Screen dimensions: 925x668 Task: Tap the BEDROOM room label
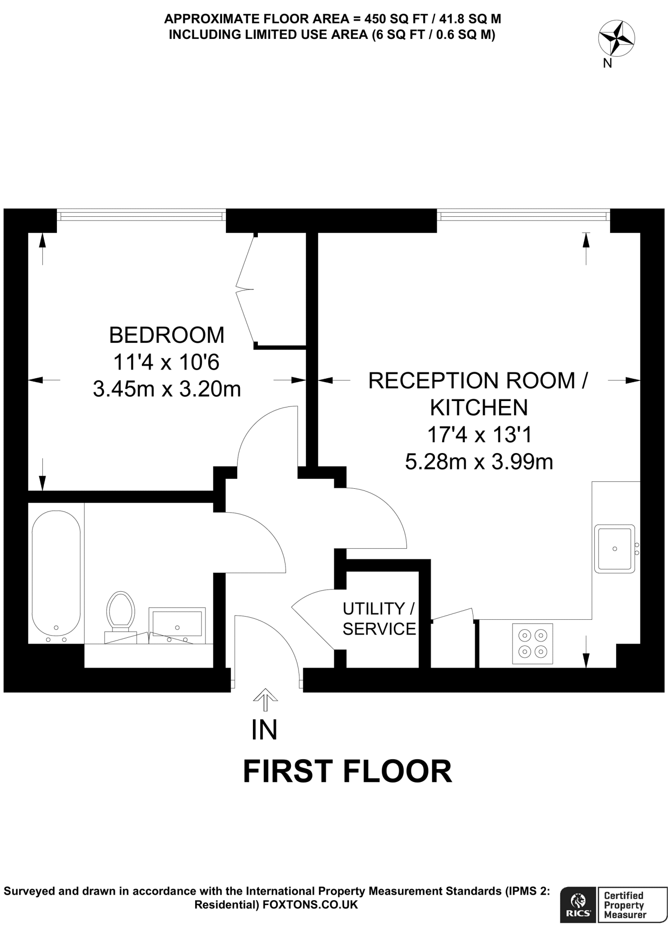click(167, 335)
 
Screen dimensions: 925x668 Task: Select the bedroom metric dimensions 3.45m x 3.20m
click(167, 389)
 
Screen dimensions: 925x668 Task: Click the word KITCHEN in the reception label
click(479, 408)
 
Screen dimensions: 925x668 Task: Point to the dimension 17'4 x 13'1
click(479, 435)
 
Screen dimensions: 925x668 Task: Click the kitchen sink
click(614, 549)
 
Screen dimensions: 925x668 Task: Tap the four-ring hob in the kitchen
click(533, 644)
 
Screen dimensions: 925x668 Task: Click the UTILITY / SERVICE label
click(378, 619)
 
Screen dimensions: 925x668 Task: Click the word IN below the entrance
click(264, 730)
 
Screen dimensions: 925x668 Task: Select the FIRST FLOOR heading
click(347, 771)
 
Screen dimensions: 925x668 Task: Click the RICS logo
click(578, 903)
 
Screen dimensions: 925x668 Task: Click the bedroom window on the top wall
click(141, 215)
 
